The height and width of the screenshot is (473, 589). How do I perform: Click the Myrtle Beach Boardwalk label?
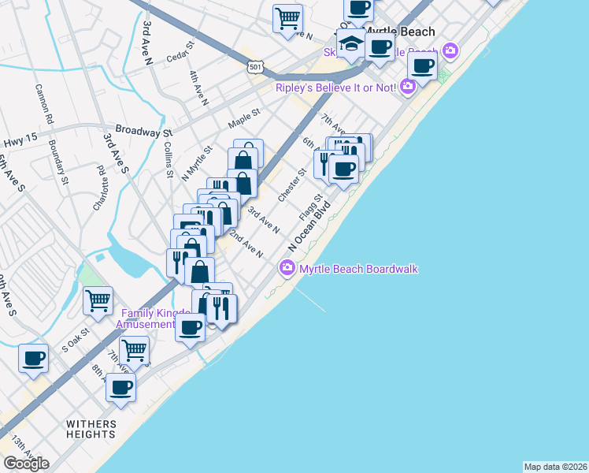pos(357,270)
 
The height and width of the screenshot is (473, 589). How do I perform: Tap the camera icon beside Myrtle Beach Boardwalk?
pos(287,270)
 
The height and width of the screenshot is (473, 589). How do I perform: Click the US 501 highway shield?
pos(254,68)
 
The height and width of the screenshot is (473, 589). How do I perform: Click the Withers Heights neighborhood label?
pos(91,429)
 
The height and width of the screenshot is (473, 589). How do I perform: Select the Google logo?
pos(26,464)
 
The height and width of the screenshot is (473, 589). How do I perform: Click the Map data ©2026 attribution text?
pos(556,466)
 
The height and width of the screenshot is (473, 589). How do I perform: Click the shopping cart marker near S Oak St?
pos(98,300)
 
